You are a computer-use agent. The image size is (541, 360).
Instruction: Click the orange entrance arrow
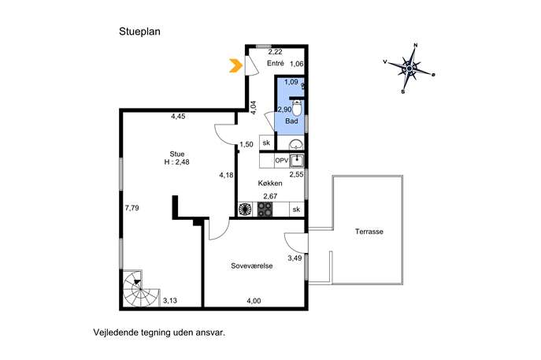pos(235,65)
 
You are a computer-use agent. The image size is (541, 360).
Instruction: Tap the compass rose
pos(409,69)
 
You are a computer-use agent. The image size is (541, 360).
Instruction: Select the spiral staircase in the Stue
pos(140,288)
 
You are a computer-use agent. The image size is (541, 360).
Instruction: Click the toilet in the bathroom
pos(297,107)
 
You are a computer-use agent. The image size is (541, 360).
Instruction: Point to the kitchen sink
pos(297,160)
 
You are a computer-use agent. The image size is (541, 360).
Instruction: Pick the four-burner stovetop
pos(265,210)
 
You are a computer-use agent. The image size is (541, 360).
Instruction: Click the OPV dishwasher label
pos(282,161)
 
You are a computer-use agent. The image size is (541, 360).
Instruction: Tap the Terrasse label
pos(369,232)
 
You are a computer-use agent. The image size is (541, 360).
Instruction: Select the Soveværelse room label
pos(252,265)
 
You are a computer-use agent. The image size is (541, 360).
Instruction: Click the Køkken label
pos(270,184)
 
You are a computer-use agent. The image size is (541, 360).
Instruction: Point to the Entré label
pos(276,63)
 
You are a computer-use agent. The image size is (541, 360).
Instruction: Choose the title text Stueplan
pos(139,32)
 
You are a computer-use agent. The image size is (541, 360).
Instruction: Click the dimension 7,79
pos(132,208)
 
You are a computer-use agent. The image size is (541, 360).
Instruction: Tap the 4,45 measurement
pos(178,117)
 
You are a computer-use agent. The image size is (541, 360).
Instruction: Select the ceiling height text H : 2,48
pos(176,161)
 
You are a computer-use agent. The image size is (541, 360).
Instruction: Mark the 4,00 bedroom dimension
pos(254,301)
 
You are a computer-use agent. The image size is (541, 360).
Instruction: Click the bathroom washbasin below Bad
pos(296,143)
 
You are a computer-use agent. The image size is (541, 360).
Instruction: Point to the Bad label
pos(291,121)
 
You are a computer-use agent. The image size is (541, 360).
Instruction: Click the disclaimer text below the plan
pos(159,332)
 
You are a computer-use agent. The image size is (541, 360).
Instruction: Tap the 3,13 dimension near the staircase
pos(170,301)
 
